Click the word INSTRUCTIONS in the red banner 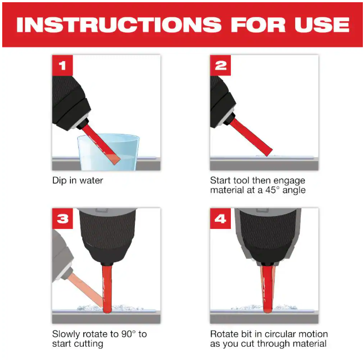(x=119, y=24)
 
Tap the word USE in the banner (x=322, y=24)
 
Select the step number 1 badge (x=62, y=66)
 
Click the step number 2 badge (x=220, y=66)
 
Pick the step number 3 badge (x=62, y=218)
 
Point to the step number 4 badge (x=220, y=218)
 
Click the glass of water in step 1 (x=108, y=152)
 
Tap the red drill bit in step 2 (x=251, y=137)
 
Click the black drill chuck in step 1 (x=70, y=102)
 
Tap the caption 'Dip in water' (x=78, y=181)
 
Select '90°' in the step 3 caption (x=128, y=334)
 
